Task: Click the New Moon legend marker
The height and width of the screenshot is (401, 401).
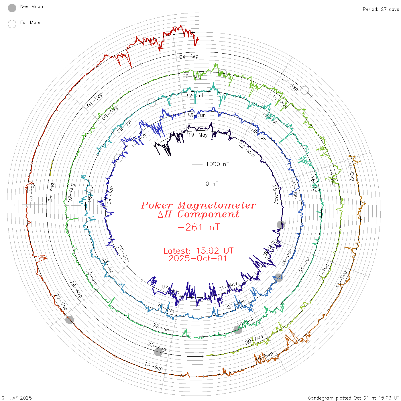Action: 12,8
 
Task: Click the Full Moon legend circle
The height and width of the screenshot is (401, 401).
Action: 12,24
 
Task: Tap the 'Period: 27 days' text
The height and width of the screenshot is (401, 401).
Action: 381,9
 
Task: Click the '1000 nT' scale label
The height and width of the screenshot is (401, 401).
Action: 217,164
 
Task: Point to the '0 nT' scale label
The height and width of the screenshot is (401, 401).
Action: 212,184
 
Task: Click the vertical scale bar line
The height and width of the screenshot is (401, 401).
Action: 197,174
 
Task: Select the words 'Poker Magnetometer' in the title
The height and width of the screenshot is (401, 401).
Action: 198,205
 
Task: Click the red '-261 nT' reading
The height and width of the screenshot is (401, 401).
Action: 198,227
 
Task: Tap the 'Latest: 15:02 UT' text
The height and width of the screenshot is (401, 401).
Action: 198,251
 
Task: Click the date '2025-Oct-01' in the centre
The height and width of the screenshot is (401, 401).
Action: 198,258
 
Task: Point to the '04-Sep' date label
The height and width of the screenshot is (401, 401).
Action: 189,56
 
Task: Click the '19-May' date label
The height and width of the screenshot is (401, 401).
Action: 198,135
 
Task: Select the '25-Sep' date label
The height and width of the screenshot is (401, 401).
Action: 31,192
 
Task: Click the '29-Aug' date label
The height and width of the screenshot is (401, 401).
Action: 51,192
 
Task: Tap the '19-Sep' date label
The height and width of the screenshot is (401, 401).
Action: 154,366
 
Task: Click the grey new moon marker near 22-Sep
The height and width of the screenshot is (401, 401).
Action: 70,319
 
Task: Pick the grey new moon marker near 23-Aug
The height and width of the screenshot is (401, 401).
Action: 158,352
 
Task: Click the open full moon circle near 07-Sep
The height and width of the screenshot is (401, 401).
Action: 305,90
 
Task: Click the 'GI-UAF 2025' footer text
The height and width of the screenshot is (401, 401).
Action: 17,398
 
